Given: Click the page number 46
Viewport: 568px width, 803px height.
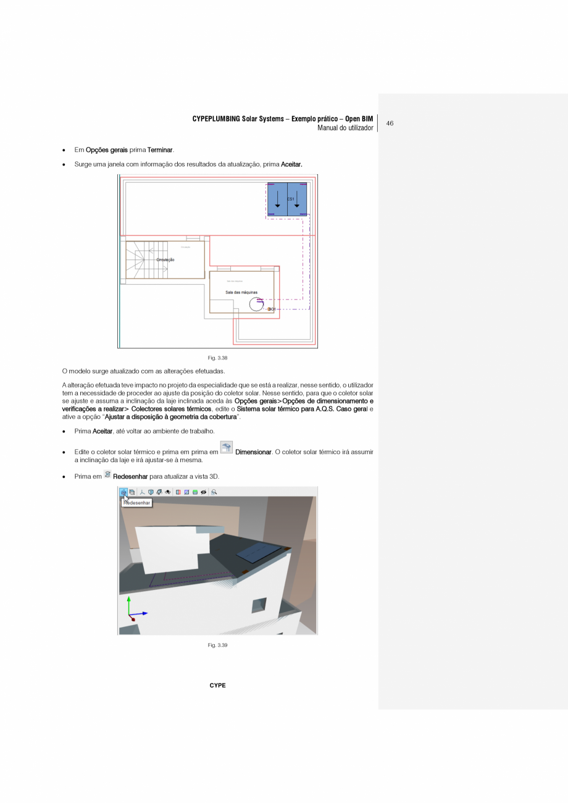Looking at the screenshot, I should pos(390,124).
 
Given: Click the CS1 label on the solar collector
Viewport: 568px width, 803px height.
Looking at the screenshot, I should pos(290,199).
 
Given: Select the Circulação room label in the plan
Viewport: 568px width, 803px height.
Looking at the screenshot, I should pos(165,260).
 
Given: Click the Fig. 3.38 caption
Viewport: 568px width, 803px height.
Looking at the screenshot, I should pos(217,358).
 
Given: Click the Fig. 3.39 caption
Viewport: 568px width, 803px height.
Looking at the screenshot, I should pos(217,645).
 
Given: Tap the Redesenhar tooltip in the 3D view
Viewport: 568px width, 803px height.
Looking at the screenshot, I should pos(136,503).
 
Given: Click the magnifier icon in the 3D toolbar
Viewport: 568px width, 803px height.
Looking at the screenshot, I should pos(214,492).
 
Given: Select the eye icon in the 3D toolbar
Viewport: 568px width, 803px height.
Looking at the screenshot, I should pos(203,492).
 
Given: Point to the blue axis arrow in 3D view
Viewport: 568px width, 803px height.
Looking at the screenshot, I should pos(141,613).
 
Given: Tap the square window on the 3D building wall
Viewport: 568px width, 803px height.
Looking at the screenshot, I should pos(259,605).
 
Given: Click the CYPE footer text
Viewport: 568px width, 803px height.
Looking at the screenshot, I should pos(217,686).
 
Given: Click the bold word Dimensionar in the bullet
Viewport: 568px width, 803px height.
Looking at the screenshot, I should pos(253,452).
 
